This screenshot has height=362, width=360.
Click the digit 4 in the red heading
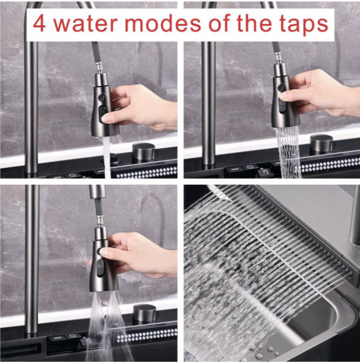[39, 24]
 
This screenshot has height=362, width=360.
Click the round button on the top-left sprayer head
[101, 96]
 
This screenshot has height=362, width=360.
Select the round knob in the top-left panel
[143, 152]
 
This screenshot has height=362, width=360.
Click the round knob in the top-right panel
[322, 143]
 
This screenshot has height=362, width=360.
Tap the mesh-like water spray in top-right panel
[289, 152]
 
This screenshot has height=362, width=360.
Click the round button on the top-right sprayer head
[281, 88]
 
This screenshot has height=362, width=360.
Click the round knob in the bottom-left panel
[145, 313]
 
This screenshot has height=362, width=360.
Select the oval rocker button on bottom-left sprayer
[100, 268]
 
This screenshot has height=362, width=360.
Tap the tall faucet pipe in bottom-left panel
[32, 258]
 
